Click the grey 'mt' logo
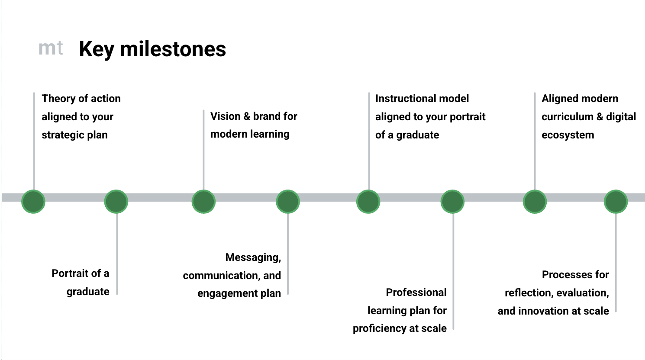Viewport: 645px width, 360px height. (51, 48)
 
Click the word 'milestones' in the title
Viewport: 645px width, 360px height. (173, 49)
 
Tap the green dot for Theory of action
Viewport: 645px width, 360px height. (33, 202)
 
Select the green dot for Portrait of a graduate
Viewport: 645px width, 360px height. (116, 202)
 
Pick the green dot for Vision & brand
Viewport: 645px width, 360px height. (203, 202)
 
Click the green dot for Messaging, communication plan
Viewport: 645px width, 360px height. (288, 202)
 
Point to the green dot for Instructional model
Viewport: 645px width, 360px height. (368, 202)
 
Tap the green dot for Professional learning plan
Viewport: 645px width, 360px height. (452, 202)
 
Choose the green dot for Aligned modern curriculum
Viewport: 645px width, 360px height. (535, 202)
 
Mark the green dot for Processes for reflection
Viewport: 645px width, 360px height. (616, 202)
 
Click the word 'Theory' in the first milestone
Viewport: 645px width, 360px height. (58, 99)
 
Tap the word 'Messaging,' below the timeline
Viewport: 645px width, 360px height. (253, 257)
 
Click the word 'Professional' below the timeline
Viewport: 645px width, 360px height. (416, 292)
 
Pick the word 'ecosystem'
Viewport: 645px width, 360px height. (568, 135)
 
